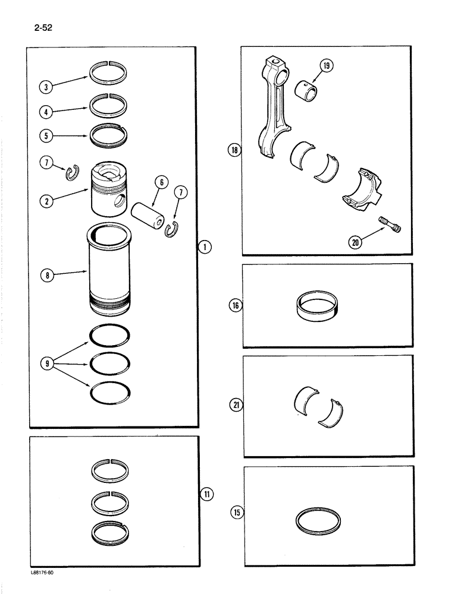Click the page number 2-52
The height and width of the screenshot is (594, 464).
click(36, 27)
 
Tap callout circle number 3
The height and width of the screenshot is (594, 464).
click(45, 87)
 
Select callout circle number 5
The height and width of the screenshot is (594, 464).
click(45, 135)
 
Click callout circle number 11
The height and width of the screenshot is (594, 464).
click(205, 494)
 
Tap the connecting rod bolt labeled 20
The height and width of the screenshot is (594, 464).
click(390, 226)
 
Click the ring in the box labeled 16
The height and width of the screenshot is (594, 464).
click(321, 305)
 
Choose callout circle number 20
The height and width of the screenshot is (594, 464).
click(356, 242)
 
